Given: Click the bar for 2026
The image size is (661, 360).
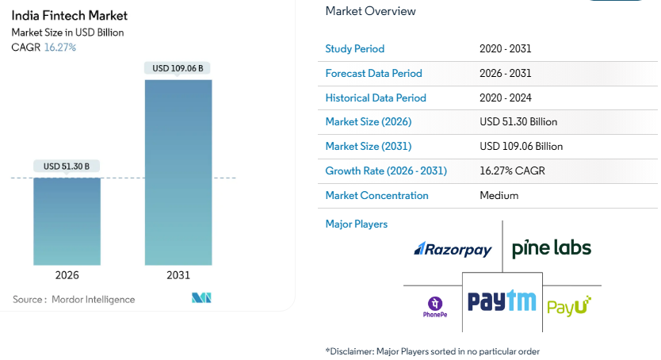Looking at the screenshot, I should coord(67,221).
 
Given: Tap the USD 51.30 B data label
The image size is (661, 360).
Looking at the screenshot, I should coord(67,166).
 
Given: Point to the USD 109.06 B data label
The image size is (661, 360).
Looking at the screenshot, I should coord(178,68).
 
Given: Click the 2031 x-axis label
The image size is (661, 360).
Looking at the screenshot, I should coord(178,275).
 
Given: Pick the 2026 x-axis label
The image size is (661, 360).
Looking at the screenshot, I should coord(67,275).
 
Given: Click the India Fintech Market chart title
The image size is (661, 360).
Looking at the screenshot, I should coord(69,15).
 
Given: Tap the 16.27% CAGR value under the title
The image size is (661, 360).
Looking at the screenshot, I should coord(59,48).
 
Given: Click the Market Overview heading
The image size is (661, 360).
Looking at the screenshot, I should coord(370,11).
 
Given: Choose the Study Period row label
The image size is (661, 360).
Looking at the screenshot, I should coord(354,48).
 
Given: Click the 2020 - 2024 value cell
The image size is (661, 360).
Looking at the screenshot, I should coord(505,98).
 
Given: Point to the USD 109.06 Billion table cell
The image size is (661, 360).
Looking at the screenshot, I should coord(521,147).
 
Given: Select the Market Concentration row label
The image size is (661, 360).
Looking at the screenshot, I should coord(376,196).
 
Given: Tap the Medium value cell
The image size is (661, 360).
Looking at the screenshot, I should coord(499,196).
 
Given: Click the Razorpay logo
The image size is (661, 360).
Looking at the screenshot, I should coord(453,250).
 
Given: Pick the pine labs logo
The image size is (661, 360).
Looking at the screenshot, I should coord(551,248).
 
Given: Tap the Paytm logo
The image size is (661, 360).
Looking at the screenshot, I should coord(501,301).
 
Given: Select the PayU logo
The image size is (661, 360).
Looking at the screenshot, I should coord(569,305).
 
